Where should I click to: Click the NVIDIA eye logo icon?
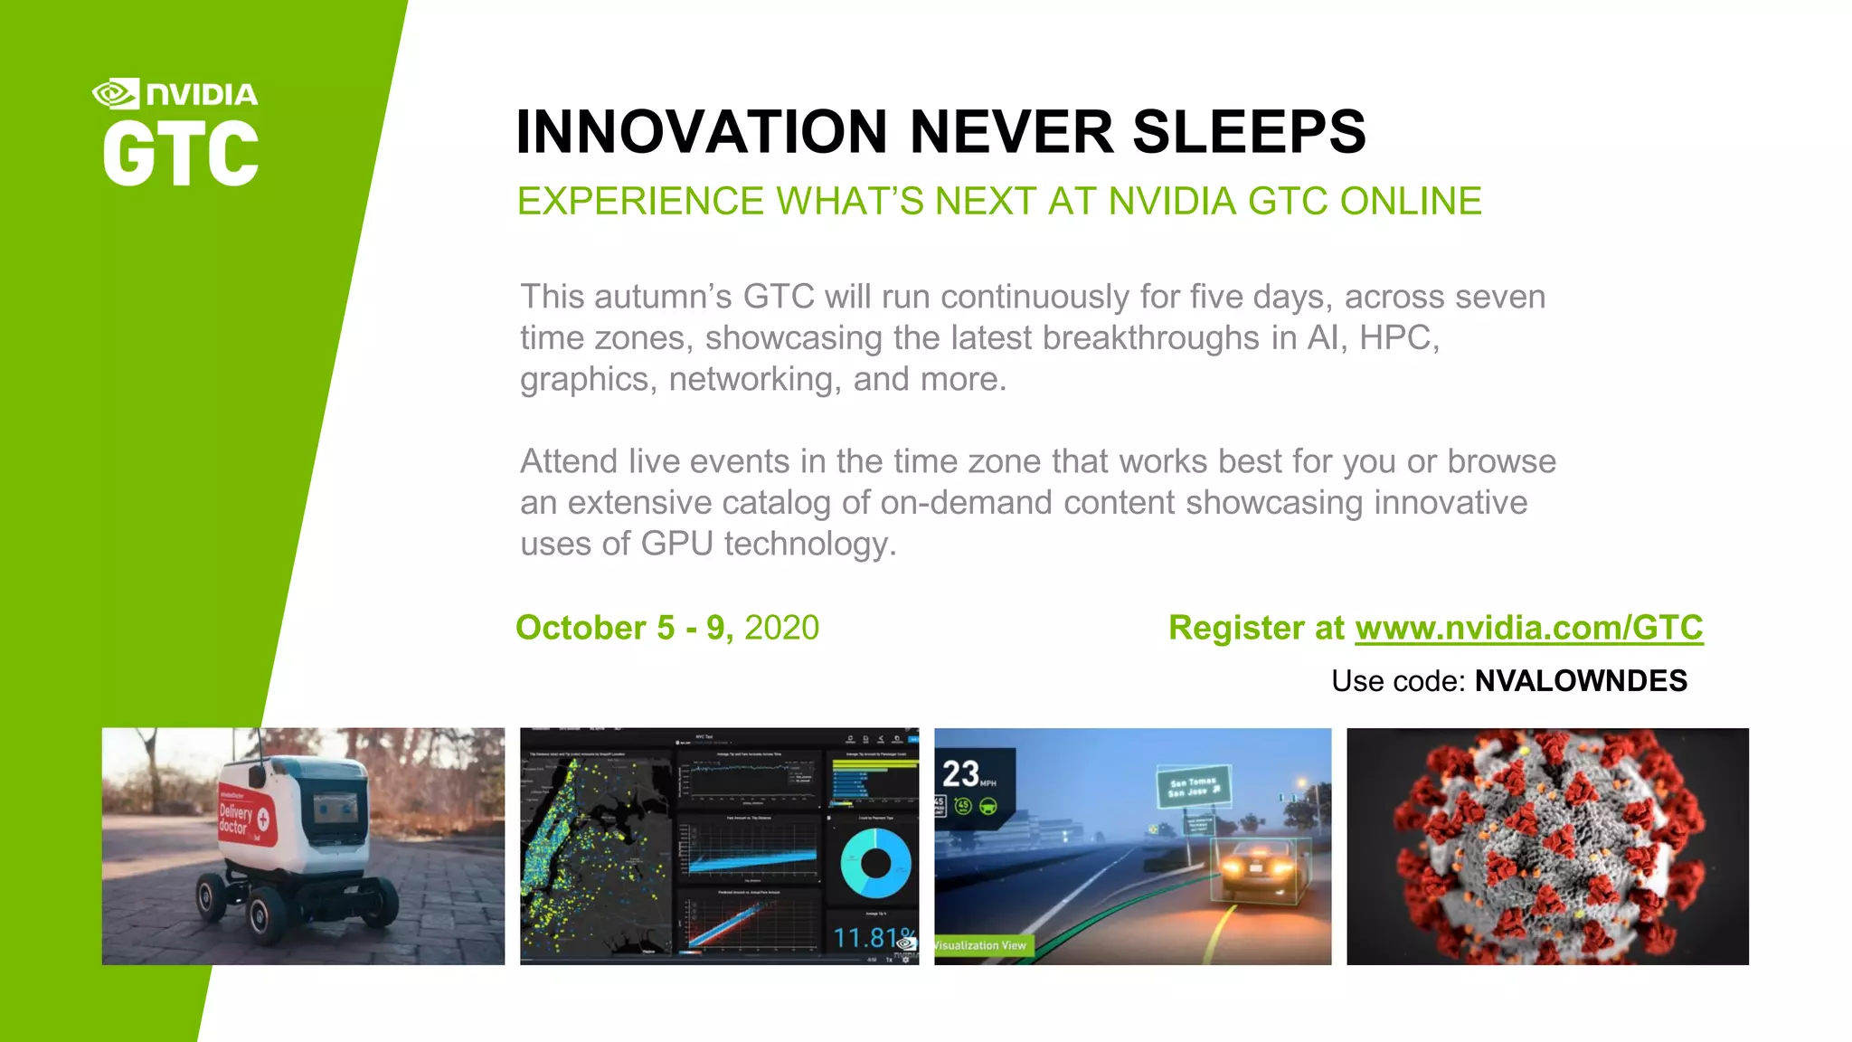[116, 93]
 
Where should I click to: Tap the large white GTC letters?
[181, 154]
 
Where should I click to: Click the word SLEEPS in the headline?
[1249, 132]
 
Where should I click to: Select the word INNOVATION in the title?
[702, 132]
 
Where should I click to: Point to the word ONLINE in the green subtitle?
[1411, 201]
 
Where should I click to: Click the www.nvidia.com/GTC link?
[1528, 628]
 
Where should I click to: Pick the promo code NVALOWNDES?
[1581, 681]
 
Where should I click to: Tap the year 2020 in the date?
[781, 628]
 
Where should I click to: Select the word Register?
[1236, 628]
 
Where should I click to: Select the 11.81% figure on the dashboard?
[872, 937]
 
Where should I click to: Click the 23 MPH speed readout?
[968, 774]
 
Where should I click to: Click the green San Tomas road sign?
[1193, 786]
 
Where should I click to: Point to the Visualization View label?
[981, 945]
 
